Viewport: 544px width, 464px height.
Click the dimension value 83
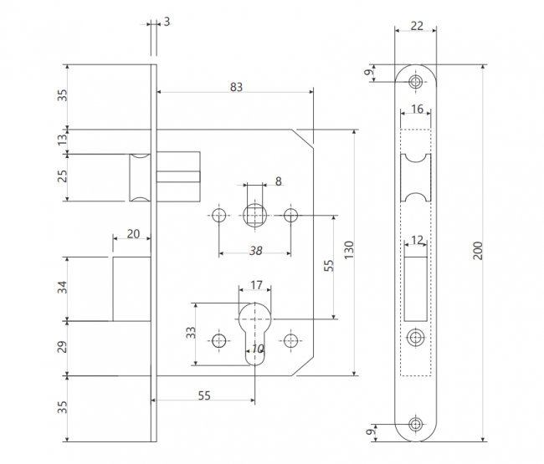[x=236, y=87]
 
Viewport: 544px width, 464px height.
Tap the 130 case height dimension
[x=349, y=250]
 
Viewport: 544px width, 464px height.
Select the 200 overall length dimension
[x=478, y=251]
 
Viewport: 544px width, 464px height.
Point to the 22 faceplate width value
[x=417, y=26]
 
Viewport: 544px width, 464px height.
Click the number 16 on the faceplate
[x=417, y=109]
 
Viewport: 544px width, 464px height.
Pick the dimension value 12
[x=417, y=240]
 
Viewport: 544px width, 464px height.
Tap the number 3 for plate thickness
[x=167, y=22]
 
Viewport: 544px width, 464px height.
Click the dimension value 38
[x=256, y=251]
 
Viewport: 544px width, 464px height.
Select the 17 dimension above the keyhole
[x=256, y=285]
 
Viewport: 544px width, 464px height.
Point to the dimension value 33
[x=191, y=333]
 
